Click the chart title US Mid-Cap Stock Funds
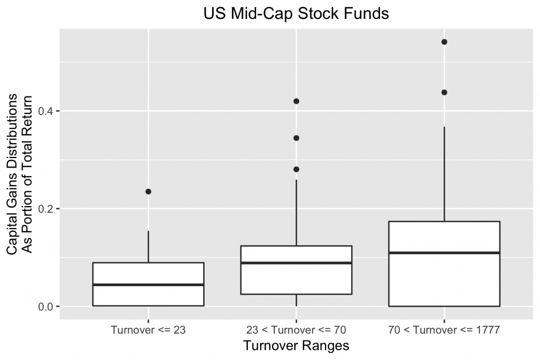coord(296,14)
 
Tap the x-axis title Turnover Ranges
coord(296,346)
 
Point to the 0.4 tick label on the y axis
coord(49,111)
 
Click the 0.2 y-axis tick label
coord(49,209)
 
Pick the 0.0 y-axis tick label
coord(49,306)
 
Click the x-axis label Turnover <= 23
coord(148,330)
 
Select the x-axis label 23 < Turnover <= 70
coord(296,330)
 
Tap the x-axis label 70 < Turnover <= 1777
coord(444,330)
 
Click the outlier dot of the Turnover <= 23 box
coord(148,191)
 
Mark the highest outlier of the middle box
coord(296,101)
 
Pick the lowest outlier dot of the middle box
coord(296,169)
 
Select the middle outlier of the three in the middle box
coord(296,138)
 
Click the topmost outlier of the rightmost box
coord(444,42)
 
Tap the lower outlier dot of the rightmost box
coord(444,92)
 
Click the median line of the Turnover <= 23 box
coord(148,285)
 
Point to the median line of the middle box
coord(296,262)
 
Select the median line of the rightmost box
coord(444,253)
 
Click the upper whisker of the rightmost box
coord(444,174)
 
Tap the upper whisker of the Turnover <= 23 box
coord(148,247)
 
